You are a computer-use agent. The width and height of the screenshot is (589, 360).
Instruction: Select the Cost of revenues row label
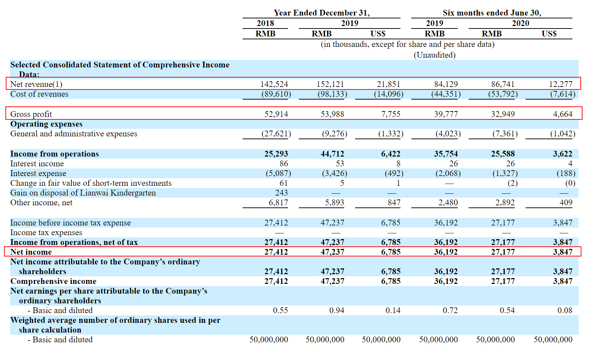tap(39, 94)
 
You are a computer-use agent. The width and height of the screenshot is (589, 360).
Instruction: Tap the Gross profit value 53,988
tap(332, 114)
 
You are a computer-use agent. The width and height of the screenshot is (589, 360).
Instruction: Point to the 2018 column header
tap(265, 23)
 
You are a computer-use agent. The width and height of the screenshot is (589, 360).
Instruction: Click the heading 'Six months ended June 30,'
tap(492, 13)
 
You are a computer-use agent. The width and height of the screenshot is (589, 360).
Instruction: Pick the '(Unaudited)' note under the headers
tap(434, 55)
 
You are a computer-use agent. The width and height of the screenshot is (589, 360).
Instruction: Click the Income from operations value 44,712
tap(332, 154)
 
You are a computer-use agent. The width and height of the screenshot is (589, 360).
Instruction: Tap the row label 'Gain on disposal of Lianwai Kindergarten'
tap(83, 193)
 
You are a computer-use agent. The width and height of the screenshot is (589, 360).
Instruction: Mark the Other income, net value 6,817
tap(278, 203)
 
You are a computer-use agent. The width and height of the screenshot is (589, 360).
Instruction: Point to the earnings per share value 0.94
tap(337, 311)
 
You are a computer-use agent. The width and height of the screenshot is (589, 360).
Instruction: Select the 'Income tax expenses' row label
tap(46, 233)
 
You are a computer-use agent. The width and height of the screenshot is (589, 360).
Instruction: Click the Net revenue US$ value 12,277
tap(561, 84)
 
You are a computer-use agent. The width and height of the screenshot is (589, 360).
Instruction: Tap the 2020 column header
tap(521, 23)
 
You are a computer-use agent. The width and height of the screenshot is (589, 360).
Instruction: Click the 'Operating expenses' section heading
tap(46, 124)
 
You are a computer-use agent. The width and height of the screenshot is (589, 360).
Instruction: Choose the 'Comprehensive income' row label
tap(53, 281)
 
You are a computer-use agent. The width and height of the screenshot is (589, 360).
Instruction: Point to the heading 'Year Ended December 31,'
tap(322, 13)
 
